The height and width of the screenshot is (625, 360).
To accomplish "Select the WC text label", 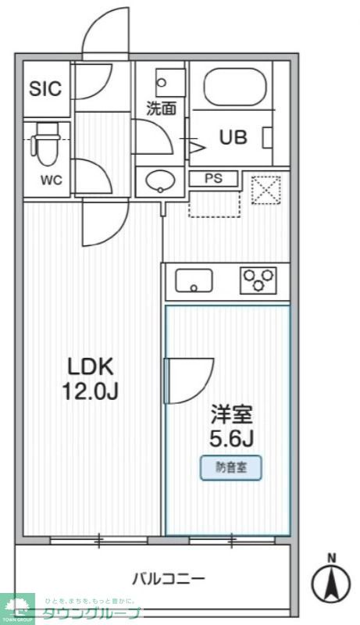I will coord(52,180).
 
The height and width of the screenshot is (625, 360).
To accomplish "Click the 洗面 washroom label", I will coord(162,109).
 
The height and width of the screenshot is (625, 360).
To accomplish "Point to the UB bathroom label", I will coord(233,138).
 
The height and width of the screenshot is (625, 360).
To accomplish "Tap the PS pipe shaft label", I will coord(213,178).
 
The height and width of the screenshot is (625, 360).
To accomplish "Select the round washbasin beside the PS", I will coord(160,181).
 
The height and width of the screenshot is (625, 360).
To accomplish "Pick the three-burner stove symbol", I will coord(259,279).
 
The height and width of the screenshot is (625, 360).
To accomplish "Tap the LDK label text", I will coord(91,366).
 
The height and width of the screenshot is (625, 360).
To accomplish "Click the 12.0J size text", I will coord(91,391).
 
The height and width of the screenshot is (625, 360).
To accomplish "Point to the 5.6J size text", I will coord(228,438).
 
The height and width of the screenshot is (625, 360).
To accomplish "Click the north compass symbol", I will coord(332,580).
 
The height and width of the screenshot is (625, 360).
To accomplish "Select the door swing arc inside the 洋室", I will coord(192,380).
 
